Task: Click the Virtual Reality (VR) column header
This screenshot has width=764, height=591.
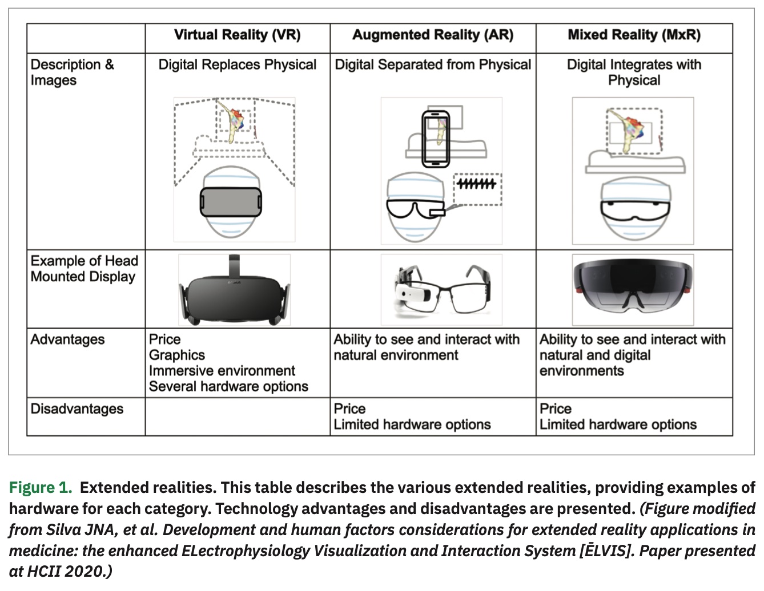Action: point(237,35)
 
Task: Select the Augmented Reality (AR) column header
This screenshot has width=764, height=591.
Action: point(433,35)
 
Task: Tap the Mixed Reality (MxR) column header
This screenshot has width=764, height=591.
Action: point(634,35)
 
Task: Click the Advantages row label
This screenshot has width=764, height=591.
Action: point(67,339)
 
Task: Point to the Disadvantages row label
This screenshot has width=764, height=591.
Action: point(77,409)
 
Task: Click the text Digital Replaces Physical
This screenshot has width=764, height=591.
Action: point(237,64)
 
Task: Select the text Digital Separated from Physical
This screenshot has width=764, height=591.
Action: point(433,64)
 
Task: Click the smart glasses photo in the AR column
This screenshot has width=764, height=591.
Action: point(441,289)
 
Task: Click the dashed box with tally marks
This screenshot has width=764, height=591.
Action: point(477,188)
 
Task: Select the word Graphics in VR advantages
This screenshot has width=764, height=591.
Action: point(176,355)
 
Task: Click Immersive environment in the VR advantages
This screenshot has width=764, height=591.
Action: point(222,371)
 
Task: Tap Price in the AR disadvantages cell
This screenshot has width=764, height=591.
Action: point(349,409)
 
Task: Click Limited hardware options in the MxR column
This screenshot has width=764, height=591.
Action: point(618,424)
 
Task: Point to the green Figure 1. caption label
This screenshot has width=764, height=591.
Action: point(40,488)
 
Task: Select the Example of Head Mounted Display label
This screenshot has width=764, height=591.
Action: point(84,269)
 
